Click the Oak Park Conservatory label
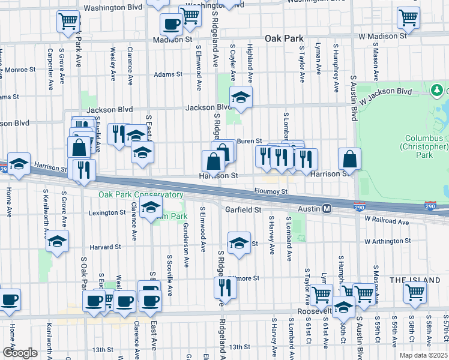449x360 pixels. pos(141,195)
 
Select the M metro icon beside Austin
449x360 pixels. pos(327,209)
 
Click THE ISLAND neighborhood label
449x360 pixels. pos(414,280)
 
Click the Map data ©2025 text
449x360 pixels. pos(424,355)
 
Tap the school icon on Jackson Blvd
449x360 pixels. pos(241,97)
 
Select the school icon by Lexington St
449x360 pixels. pos(150,209)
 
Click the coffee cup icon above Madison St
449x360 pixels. pos(171,25)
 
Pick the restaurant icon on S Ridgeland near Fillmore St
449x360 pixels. pos(225,287)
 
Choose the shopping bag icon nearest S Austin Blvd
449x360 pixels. pos(349,159)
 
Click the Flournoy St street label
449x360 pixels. pos(275,192)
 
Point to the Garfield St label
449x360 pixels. pos(243,210)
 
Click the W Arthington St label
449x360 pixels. pos(393,241)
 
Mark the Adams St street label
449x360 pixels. pos(167,74)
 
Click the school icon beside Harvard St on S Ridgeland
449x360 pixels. pos(239,243)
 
